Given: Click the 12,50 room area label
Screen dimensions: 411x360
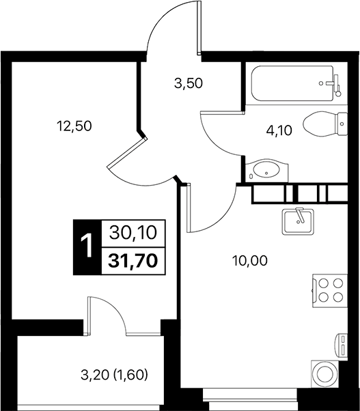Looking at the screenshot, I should [74, 126].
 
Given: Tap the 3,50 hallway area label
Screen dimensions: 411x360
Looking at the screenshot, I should [189, 85].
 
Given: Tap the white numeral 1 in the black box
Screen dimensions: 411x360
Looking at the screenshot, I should [86, 246].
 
